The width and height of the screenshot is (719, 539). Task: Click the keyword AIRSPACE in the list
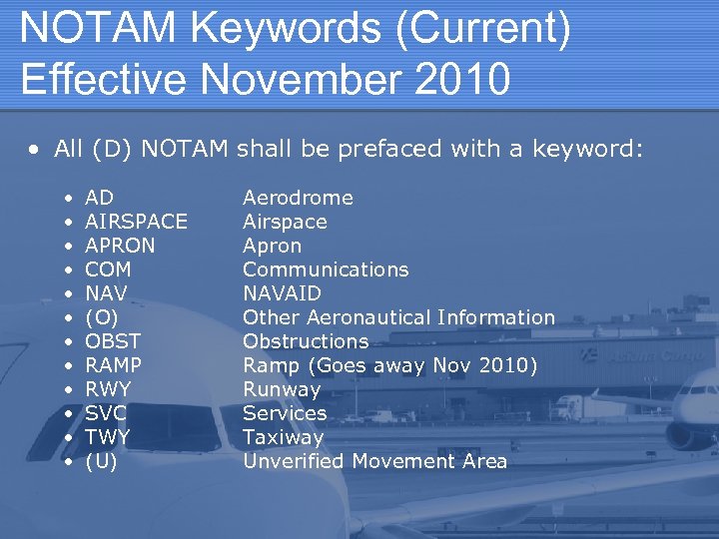136,222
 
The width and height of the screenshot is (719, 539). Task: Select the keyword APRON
120,246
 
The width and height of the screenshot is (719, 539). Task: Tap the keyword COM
108,269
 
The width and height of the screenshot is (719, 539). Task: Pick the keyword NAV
106,293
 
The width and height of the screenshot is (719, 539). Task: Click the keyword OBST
113,341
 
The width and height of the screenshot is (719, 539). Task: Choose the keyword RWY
108,389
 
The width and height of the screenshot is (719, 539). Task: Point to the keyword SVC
106,413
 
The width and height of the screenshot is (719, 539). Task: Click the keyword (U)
101,461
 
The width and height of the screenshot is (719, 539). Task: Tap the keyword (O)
101,317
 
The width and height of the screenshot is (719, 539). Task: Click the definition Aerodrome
298,198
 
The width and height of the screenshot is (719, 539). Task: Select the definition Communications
326,269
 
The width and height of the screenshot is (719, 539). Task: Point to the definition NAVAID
282,293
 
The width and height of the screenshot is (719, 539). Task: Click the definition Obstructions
306,341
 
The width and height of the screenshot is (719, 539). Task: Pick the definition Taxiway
284,437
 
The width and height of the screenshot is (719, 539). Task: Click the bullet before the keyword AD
67,199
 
